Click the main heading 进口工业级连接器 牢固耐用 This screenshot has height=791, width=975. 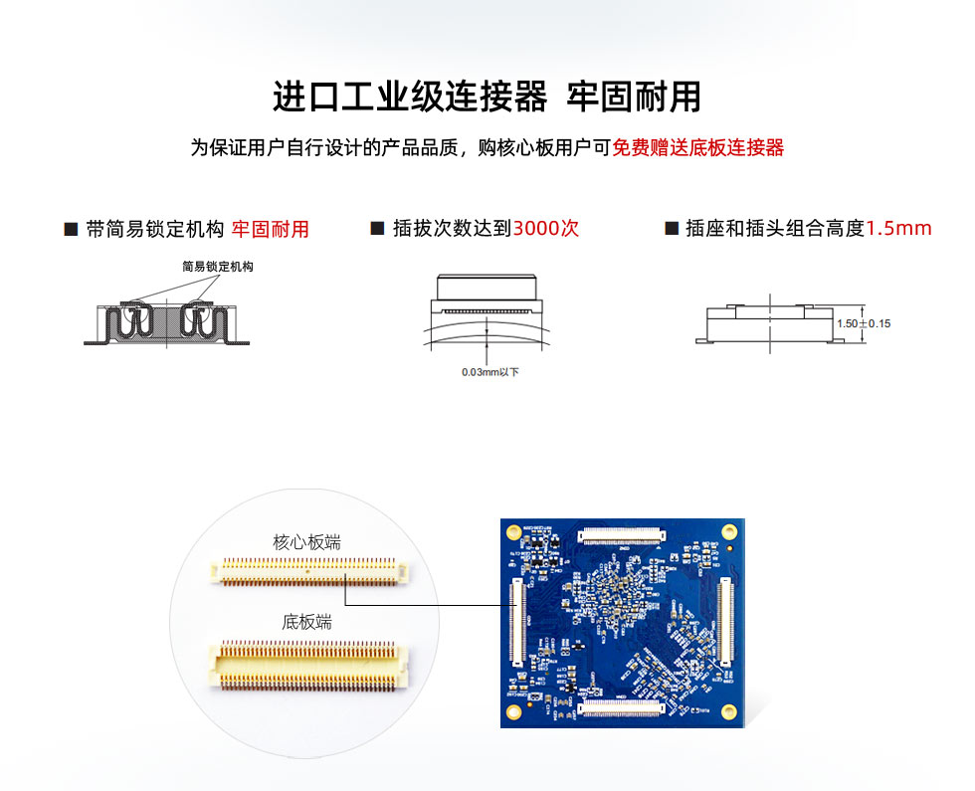pyautogui.click(x=487, y=97)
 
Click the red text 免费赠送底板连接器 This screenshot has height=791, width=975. pyautogui.click(x=697, y=148)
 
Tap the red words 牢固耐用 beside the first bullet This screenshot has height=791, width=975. pyautogui.click(x=271, y=230)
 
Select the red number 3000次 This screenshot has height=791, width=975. pyautogui.click(x=545, y=228)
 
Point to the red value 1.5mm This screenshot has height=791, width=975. pyautogui.click(x=898, y=228)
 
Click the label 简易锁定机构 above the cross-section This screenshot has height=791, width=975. pyautogui.click(x=218, y=267)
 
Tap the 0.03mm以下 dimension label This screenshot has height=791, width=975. pyautogui.click(x=489, y=372)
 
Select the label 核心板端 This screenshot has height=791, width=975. pyautogui.click(x=306, y=542)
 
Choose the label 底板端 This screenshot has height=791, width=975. pyautogui.click(x=306, y=622)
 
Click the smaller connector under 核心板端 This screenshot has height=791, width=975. pyautogui.click(x=308, y=570)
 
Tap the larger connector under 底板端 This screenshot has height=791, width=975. pyautogui.click(x=309, y=664)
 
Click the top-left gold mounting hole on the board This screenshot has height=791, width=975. pyautogui.click(x=513, y=531)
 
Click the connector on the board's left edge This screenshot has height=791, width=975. pyautogui.click(x=516, y=622)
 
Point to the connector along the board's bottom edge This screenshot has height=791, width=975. pyautogui.click(x=621, y=707)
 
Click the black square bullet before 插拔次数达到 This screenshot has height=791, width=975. pyautogui.click(x=377, y=229)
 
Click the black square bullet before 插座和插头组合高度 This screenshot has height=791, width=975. pyautogui.click(x=671, y=229)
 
